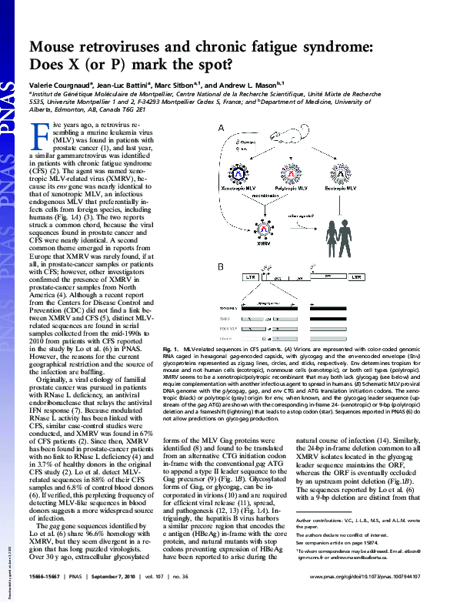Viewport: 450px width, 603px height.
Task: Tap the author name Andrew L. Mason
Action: click(x=244, y=84)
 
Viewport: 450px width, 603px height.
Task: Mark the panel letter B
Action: click(x=222, y=264)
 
